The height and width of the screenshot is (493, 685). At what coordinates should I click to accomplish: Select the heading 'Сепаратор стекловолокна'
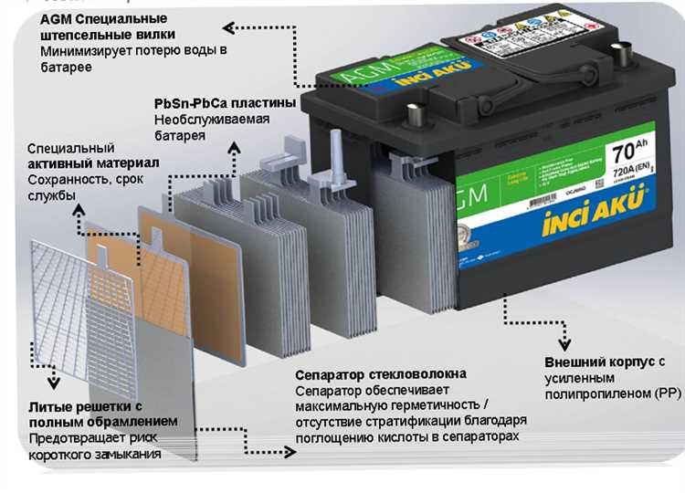coord(381,374)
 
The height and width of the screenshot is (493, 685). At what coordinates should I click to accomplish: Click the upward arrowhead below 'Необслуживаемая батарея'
coord(236,146)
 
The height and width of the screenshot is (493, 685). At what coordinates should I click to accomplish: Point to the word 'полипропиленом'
coord(593,393)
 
